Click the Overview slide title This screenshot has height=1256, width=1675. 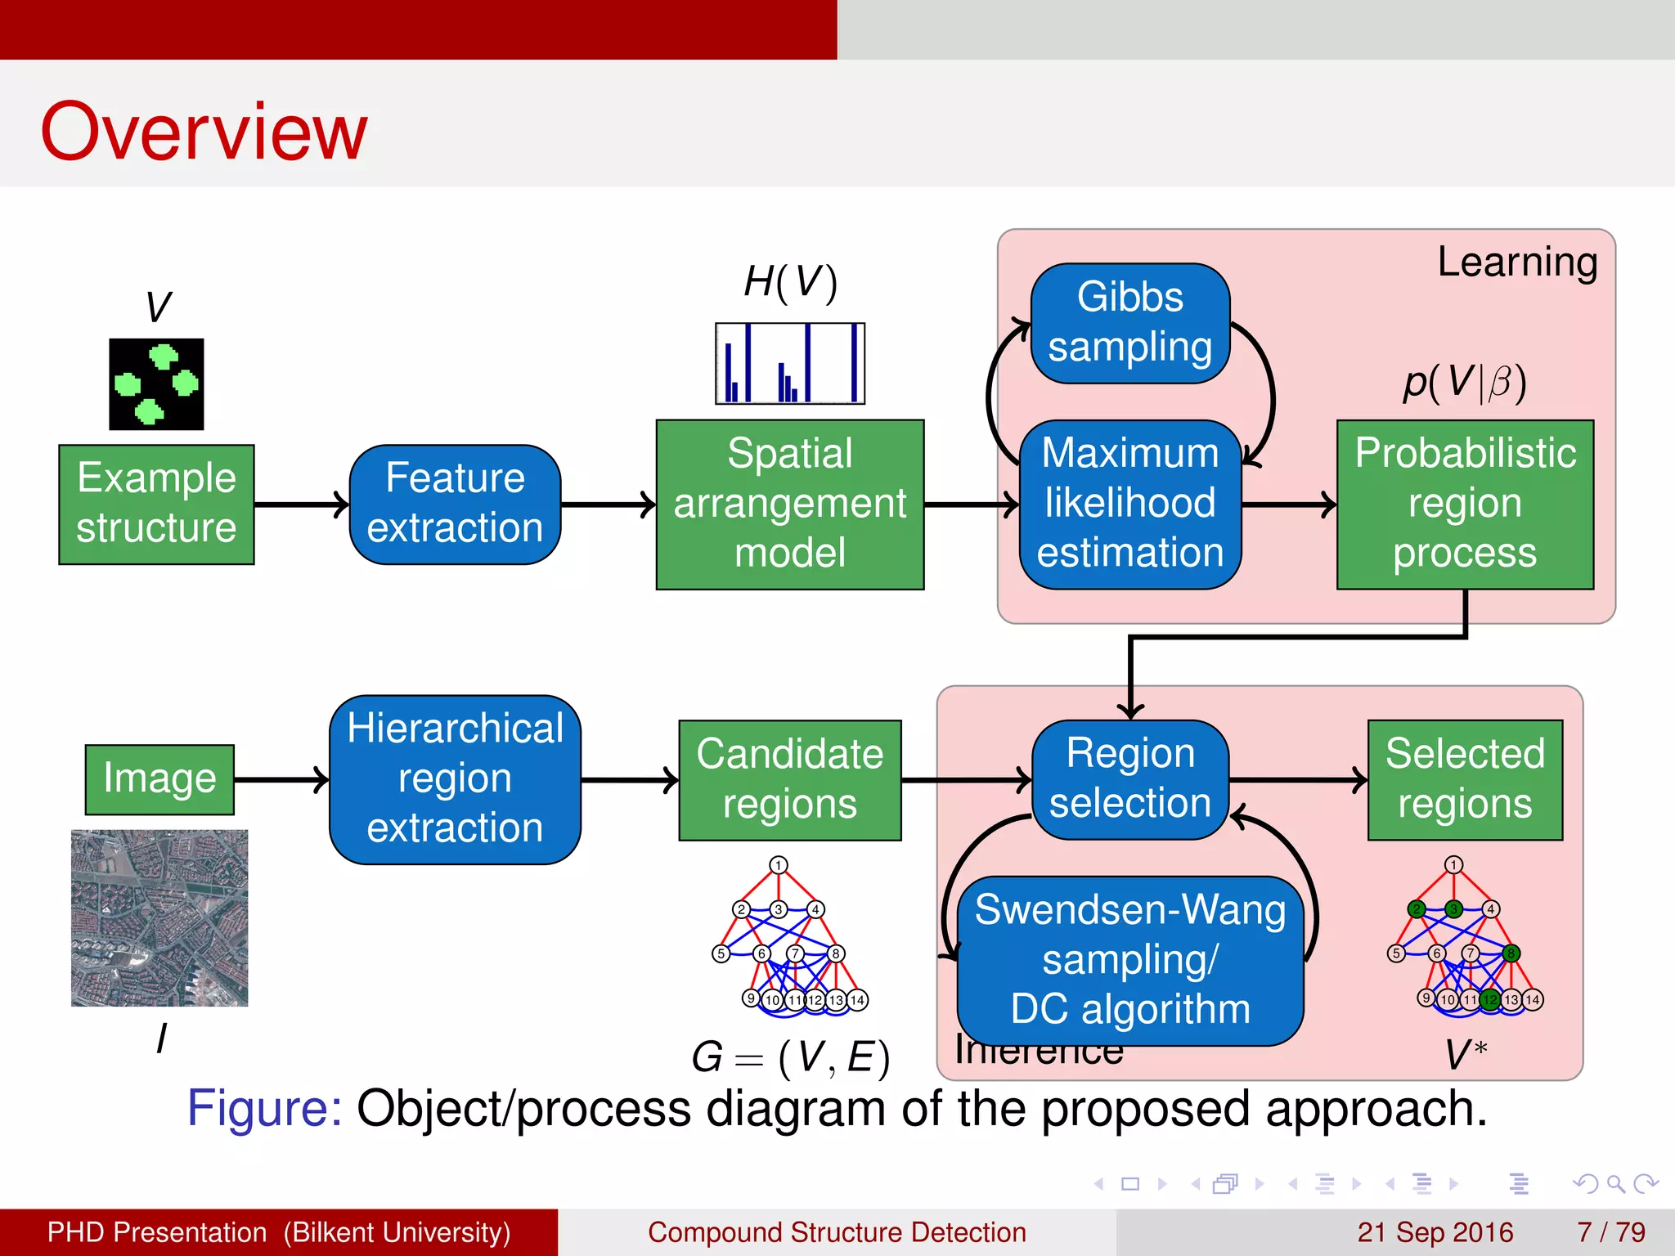[204, 132]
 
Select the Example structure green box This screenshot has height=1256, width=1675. [156, 504]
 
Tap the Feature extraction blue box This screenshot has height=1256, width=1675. [455, 504]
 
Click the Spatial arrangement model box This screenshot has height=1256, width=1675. [789, 504]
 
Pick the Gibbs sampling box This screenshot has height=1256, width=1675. [1129, 322]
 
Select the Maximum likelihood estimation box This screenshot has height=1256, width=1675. [1129, 504]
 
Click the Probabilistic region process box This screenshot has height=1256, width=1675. [1464, 504]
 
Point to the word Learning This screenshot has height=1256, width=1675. [1517, 262]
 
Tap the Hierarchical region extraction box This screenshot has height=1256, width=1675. [455, 778]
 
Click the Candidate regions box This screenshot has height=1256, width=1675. [789, 779]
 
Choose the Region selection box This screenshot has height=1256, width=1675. [1129, 778]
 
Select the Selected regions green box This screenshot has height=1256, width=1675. [1464, 779]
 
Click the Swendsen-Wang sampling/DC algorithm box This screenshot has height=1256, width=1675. [1129, 960]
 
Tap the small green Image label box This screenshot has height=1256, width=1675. [159, 778]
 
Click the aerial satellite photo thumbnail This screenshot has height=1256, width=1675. [159, 917]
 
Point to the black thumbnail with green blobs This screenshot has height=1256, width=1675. [156, 384]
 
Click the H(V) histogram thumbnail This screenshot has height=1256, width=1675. [789, 363]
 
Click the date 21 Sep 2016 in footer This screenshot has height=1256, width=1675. [1435, 1231]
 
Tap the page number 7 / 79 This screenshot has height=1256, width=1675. [1610, 1231]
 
